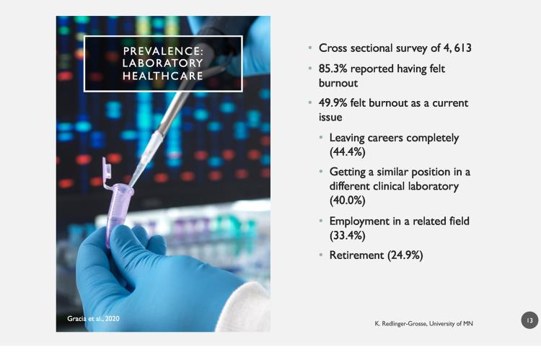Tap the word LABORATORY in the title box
162,63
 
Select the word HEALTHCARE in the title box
162,76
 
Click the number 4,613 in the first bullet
457,48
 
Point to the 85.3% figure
333,69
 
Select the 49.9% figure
333,103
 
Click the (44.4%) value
347,152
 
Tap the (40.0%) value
347,200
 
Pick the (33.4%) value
347,235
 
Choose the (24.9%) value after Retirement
405,255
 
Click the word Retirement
356,255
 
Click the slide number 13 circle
529,320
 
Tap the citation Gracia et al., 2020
93,319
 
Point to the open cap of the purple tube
107,169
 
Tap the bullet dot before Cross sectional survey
310,48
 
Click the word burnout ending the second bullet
338,83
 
